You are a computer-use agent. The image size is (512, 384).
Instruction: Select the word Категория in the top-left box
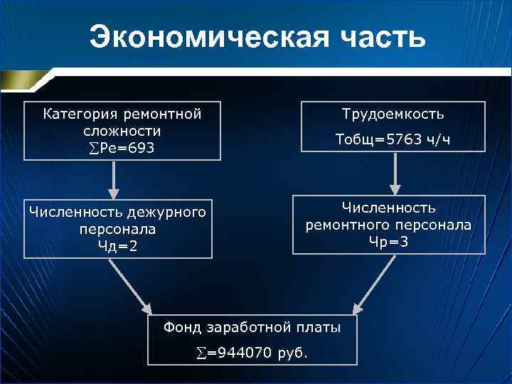click(79, 114)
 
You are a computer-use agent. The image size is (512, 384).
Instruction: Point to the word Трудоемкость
click(393, 114)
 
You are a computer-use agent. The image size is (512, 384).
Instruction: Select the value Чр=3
click(388, 242)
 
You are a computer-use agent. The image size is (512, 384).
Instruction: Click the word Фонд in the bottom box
click(181, 327)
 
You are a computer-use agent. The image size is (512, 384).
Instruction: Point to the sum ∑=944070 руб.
click(252, 352)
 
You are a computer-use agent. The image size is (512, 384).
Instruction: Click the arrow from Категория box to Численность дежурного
click(114, 179)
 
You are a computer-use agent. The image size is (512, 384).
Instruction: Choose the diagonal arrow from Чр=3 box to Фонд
click(375, 283)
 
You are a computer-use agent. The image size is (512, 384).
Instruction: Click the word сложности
click(121, 131)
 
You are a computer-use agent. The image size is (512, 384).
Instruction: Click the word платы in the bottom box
click(319, 327)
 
